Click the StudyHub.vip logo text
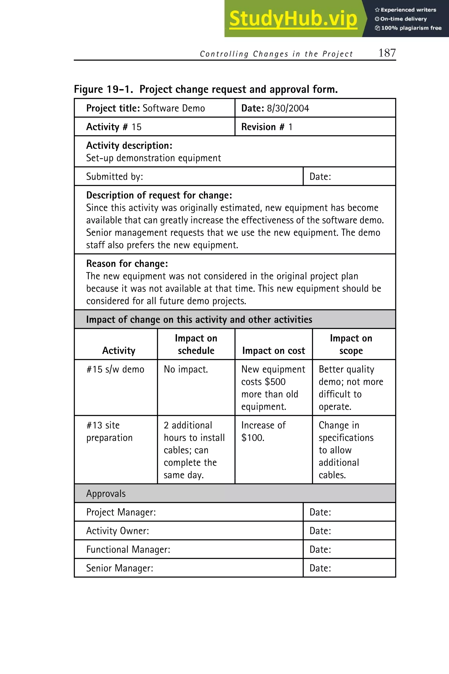[293, 19]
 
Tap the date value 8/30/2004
[288, 108]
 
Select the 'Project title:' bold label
[113, 108]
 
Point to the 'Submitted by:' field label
[114, 177]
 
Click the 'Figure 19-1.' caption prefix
[103, 90]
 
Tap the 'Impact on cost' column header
[273, 351]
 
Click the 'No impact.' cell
[185, 369]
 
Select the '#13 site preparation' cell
[109, 432]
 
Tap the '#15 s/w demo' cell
[115, 369]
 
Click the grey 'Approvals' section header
[106, 493]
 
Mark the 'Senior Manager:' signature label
[120, 568]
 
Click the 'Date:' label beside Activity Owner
[320, 531]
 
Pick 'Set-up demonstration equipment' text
[153, 158]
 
